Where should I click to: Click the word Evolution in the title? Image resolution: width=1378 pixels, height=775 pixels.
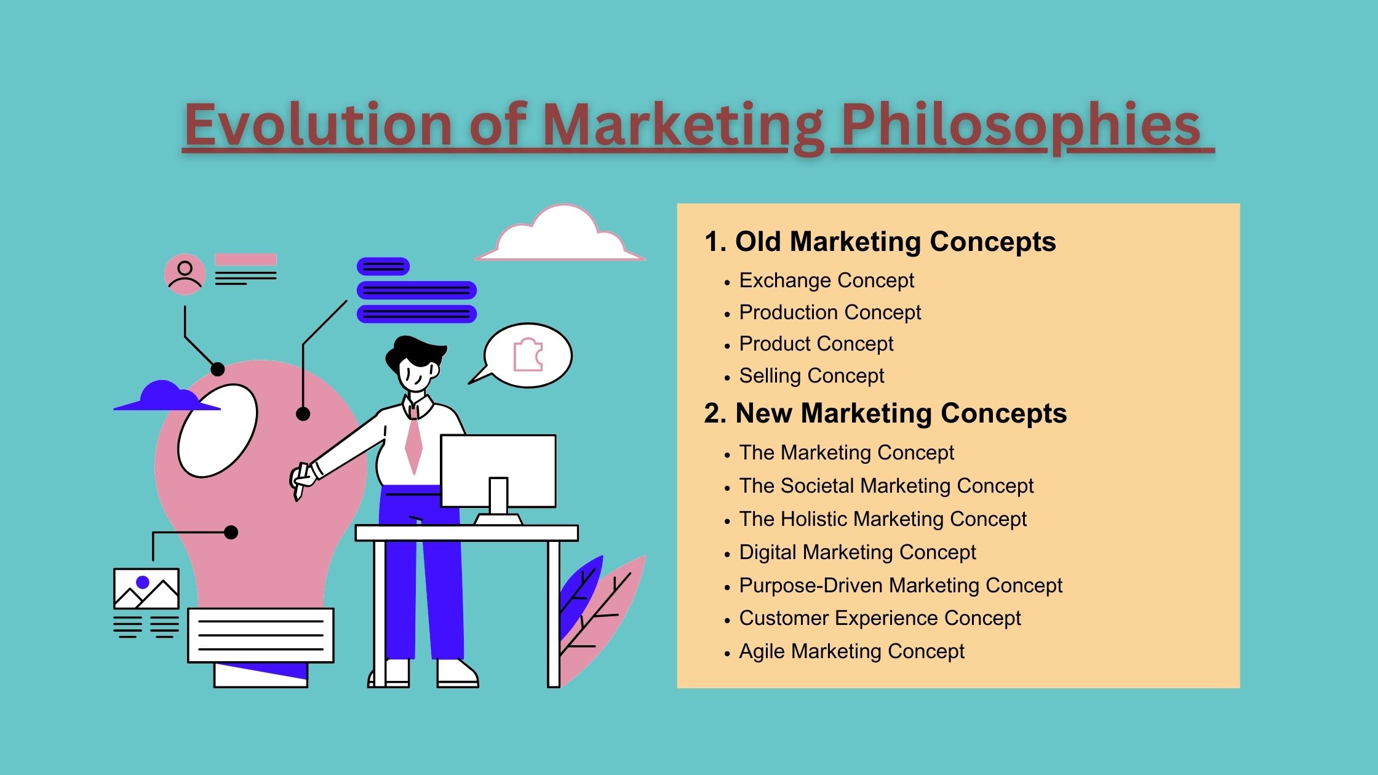pos(319,125)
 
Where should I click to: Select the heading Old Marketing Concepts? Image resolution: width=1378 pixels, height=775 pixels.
pos(880,242)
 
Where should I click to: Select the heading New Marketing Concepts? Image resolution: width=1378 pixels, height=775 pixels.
pos(885,413)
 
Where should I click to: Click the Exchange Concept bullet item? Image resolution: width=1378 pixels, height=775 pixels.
pos(826,280)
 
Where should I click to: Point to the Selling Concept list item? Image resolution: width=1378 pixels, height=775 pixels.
pos(811,376)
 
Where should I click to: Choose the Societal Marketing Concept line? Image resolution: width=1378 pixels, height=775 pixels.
pos(886,486)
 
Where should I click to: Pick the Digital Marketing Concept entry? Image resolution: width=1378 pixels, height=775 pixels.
pos(857,552)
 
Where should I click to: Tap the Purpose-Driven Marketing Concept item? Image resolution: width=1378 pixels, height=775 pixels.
pos(901,586)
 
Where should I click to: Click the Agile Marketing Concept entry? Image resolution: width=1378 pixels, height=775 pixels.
pos(851,651)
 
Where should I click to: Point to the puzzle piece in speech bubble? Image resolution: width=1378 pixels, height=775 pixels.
pos(528,355)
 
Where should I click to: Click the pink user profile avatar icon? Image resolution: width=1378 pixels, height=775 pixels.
pos(185,274)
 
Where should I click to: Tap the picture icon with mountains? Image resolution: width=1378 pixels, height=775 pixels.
pos(146,589)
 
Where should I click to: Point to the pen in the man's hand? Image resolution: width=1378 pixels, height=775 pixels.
pos(301,482)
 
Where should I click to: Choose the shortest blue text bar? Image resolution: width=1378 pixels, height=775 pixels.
pos(383,266)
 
